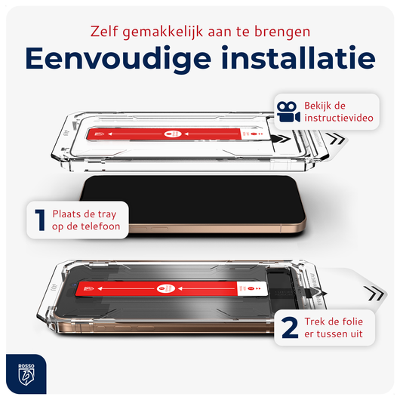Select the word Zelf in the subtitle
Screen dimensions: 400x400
107,31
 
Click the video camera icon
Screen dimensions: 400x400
286,112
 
